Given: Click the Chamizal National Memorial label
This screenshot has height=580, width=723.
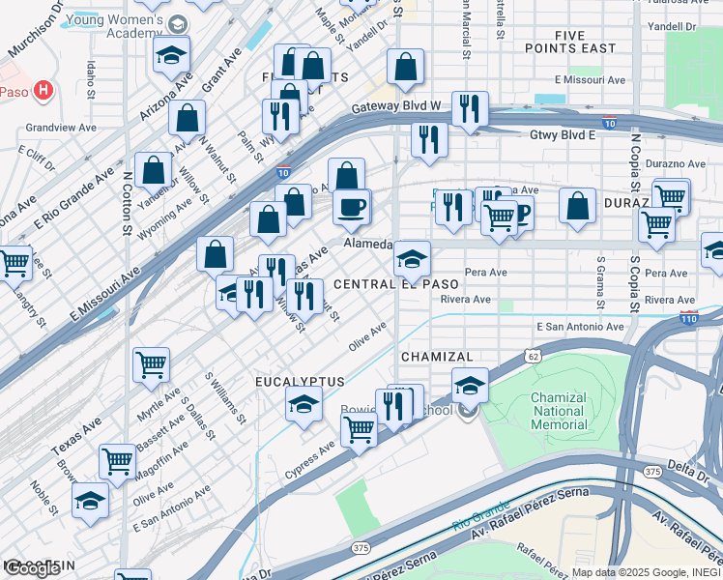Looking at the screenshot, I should coord(559,411).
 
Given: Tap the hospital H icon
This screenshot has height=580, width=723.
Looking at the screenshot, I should coord(43,91).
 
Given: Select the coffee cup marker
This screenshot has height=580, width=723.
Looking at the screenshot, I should coord(352,206).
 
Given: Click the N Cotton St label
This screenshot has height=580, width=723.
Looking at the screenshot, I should coord(127,203).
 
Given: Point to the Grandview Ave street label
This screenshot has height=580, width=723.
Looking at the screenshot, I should coord(61,127).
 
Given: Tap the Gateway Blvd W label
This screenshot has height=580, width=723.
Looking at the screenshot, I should coord(396,106).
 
